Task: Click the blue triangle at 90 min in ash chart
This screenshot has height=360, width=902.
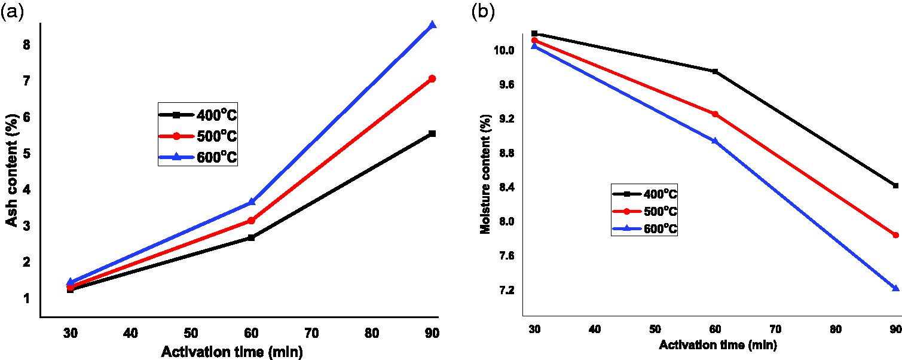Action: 433,25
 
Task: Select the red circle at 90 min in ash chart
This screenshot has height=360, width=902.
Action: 433,78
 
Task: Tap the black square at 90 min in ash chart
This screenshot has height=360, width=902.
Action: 433,134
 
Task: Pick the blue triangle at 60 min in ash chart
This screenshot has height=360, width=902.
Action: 252,202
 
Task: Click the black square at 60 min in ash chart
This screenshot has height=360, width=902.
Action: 252,237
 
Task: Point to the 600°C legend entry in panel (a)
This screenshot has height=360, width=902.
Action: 198,157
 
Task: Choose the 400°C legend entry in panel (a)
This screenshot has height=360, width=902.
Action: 198,115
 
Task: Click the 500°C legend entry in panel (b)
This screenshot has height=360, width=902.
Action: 645,211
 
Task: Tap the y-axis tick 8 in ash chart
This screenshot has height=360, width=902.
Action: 26,45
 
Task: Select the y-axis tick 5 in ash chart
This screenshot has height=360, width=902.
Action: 26,154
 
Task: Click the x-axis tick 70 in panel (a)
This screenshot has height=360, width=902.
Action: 311,334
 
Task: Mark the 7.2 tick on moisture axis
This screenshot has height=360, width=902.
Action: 506,290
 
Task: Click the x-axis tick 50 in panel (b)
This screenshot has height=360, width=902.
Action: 655,330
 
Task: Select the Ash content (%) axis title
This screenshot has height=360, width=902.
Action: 12,171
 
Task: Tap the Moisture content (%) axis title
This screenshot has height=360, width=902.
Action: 485,174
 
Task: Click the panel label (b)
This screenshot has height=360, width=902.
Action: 483,12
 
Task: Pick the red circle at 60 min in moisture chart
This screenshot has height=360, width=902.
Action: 715,114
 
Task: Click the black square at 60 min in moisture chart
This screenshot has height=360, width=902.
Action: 715,71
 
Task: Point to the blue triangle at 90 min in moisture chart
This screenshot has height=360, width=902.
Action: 896,288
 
